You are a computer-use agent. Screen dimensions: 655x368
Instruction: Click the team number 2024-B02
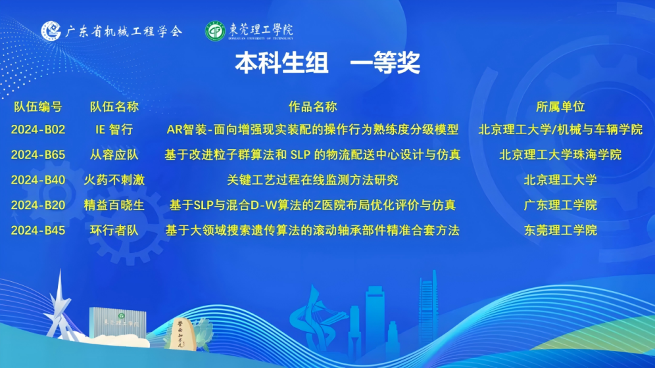click(x=38, y=129)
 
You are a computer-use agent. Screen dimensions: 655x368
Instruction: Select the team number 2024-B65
click(x=38, y=155)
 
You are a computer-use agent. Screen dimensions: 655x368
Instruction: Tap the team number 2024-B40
click(x=38, y=180)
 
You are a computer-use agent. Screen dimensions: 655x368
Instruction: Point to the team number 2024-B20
click(x=38, y=205)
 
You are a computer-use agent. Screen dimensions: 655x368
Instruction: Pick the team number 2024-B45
click(x=38, y=230)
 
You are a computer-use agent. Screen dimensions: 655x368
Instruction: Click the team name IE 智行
click(x=114, y=129)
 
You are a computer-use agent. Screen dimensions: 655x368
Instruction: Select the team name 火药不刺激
click(x=114, y=180)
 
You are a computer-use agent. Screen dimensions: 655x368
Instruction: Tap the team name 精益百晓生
click(x=114, y=205)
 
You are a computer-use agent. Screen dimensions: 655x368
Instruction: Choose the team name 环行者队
click(x=114, y=230)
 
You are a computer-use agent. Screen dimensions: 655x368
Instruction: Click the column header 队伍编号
click(x=38, y=107)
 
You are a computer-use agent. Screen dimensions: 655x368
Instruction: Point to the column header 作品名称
click(x=312, y=107)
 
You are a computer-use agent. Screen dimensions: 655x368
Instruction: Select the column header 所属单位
click(x=560, y=107)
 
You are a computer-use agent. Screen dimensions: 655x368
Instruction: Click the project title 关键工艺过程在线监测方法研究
click(x=312, y=180)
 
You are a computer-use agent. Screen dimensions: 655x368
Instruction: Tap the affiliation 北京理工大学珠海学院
click(x=560, y=155)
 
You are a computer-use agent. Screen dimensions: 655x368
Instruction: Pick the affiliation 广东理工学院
click(x=560, y=205)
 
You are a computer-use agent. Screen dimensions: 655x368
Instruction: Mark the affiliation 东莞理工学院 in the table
click(x=560, y=230)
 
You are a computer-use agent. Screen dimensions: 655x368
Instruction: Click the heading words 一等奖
click(x=385, y=63)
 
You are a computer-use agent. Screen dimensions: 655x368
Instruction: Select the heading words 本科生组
click(x=282, y=63)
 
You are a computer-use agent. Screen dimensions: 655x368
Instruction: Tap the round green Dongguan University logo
click(x=215, y=31)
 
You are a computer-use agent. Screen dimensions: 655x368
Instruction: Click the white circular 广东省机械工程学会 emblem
click(x=51, y=31)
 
